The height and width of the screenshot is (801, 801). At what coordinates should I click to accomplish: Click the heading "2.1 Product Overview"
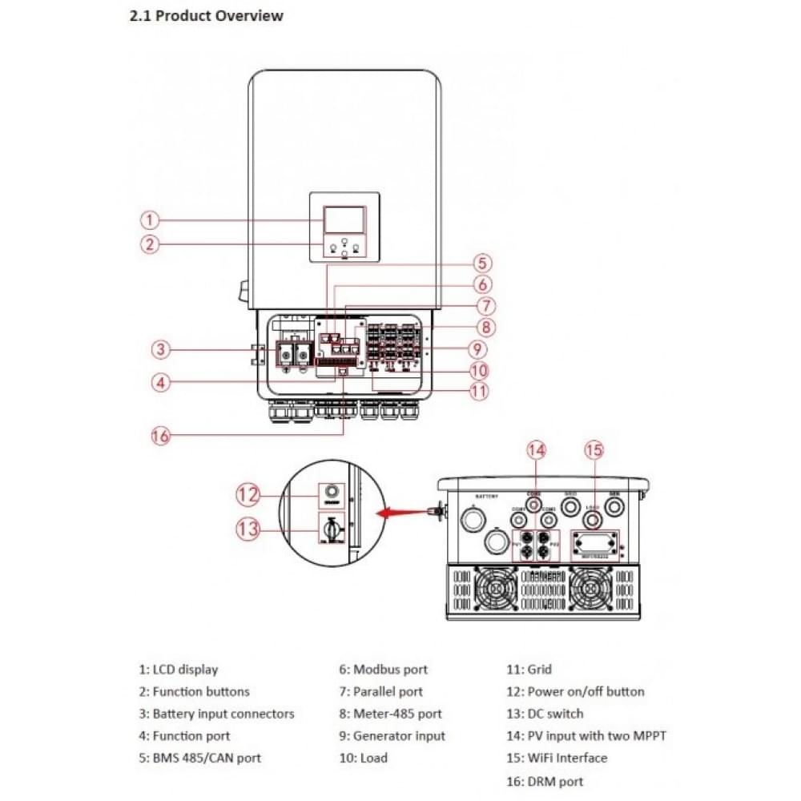(206, 15)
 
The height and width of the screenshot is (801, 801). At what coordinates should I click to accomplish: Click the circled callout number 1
(150, 219)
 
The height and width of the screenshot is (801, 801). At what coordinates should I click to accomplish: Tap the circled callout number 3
(161, 349)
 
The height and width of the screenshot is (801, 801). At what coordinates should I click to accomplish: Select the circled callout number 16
(161, 436)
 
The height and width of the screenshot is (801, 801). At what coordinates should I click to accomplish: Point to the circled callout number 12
(248, 494)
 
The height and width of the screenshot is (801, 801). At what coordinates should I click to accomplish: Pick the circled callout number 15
(594, 450)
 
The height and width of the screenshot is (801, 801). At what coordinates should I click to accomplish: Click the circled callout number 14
(537, 450)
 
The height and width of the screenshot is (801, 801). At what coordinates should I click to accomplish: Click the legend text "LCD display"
(185, 670)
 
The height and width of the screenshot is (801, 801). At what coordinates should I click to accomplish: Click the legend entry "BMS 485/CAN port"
(207, 758)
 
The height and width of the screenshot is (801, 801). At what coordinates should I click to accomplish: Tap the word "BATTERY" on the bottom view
(487, 497)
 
